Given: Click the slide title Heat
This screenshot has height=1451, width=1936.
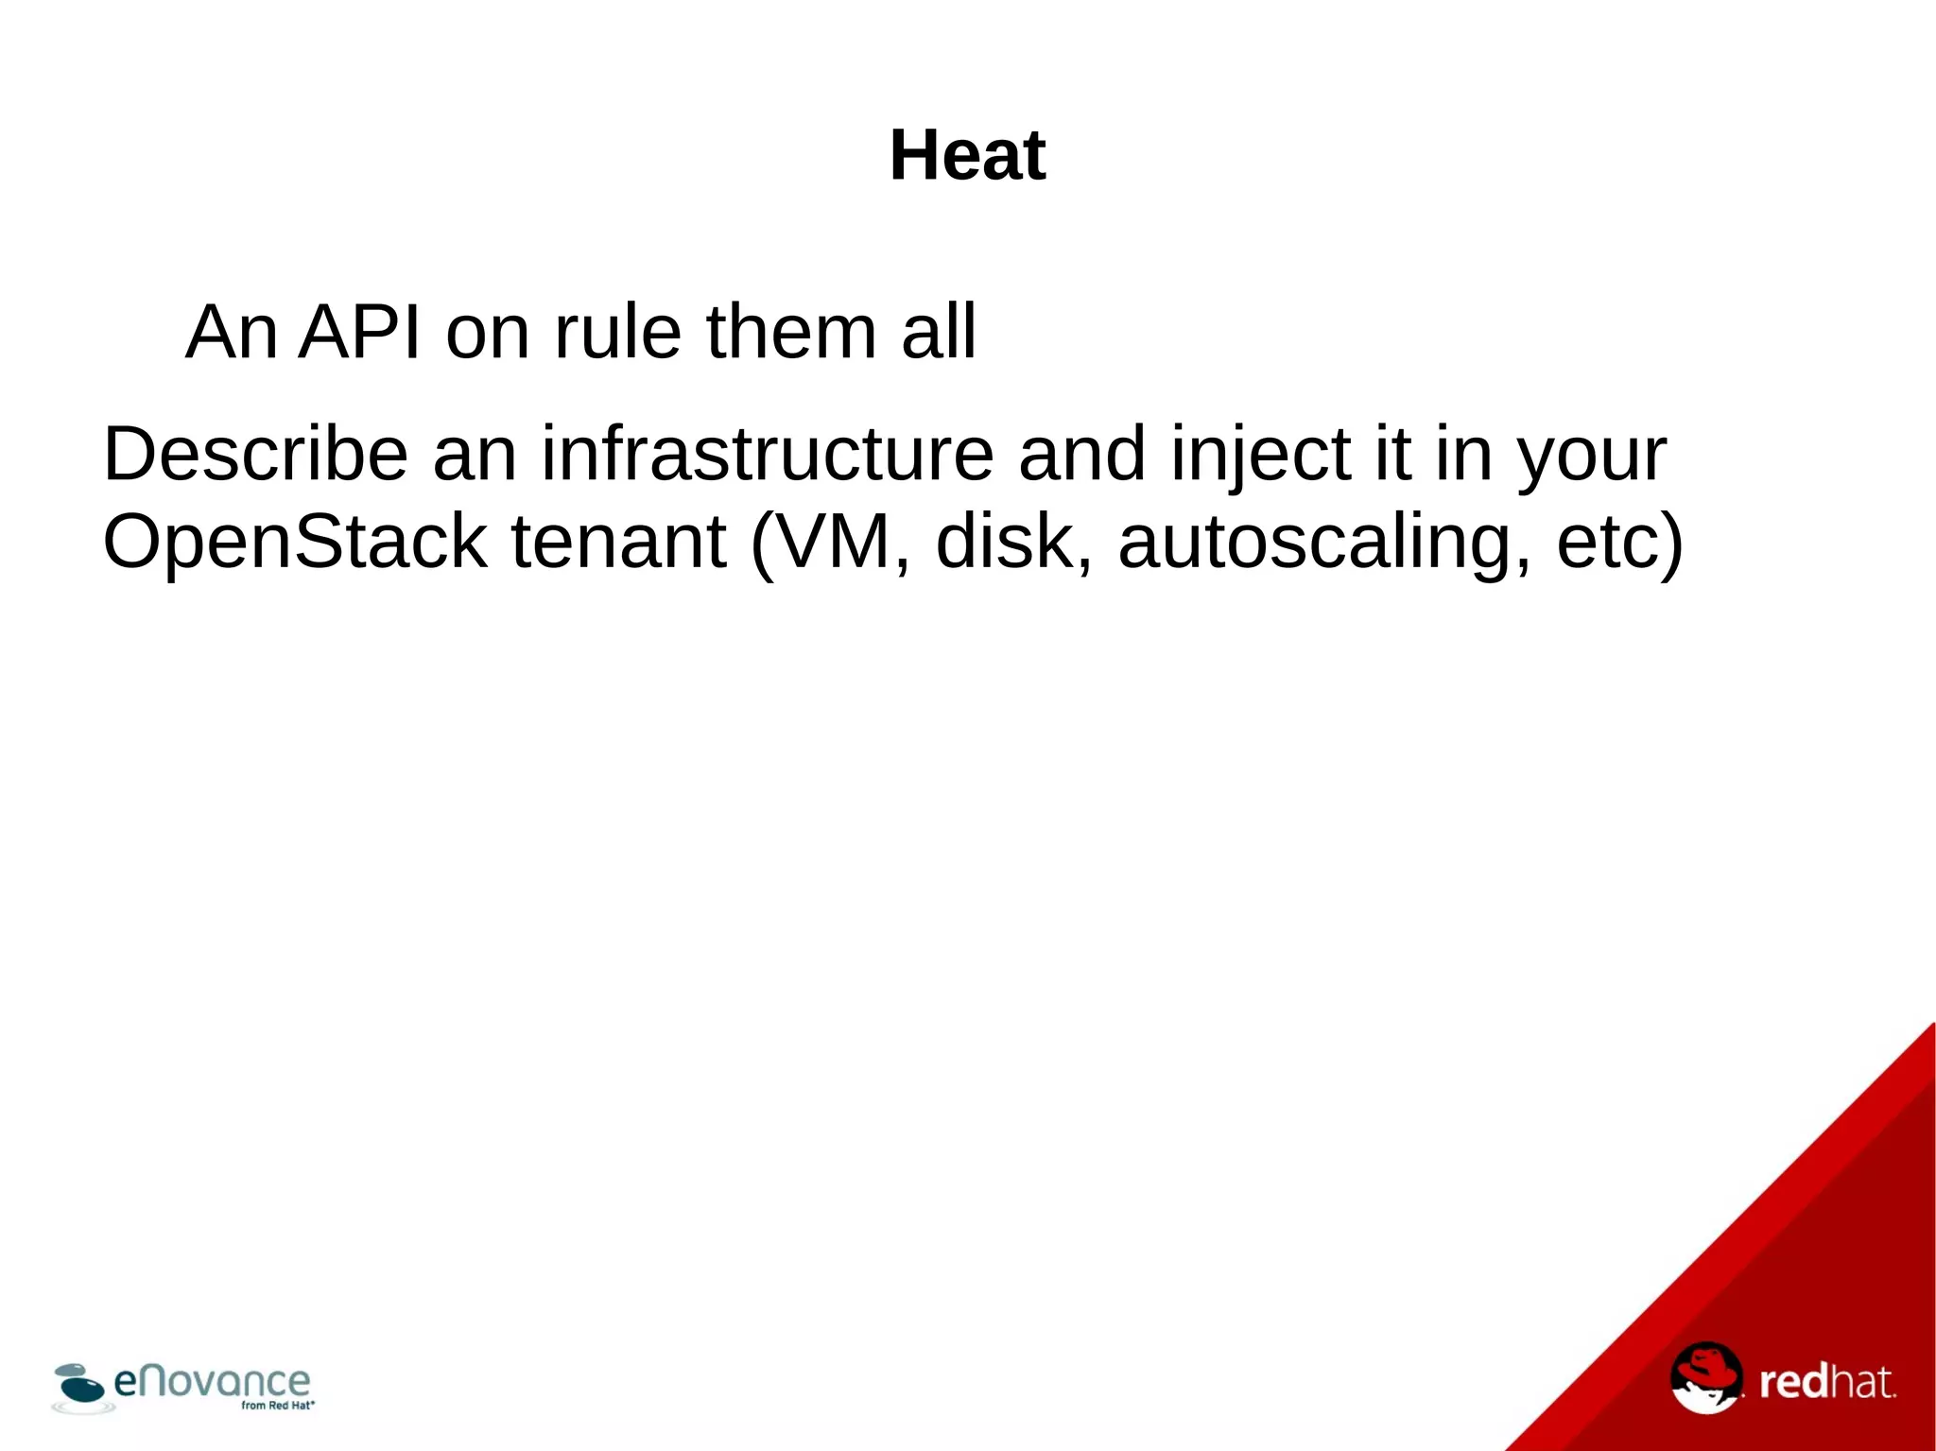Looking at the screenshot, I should tap(967, 156).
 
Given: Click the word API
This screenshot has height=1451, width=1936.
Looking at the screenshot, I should tap(359, 333).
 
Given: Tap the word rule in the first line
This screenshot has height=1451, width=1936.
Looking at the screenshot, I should tap(617, 333).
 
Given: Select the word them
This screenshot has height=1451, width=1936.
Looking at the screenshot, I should tap(791, 333).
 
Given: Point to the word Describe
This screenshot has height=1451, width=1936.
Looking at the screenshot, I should tap(255, 455).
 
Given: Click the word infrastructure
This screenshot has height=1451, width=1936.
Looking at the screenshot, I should tap(767, 455).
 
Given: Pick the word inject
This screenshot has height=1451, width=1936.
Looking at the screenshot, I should tap(1261, 455).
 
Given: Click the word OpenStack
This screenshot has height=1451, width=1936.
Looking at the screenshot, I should tap(294, 542).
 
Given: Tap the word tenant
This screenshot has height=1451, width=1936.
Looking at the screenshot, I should tap(618, 542).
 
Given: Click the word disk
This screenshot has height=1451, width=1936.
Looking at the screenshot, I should tap(1007, 542).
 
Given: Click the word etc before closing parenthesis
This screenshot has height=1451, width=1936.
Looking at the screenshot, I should tap(1606, 542).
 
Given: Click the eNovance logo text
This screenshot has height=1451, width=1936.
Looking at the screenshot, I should tap(212, 1381).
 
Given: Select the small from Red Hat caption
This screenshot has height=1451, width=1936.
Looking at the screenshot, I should tap(277, 1406).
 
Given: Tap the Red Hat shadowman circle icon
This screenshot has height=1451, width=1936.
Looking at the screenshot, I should tap(1705, 1377).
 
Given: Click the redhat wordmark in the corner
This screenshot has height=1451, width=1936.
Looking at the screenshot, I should tap(1826, 1382).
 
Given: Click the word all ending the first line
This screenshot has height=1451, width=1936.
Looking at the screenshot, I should tap(938, 333).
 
